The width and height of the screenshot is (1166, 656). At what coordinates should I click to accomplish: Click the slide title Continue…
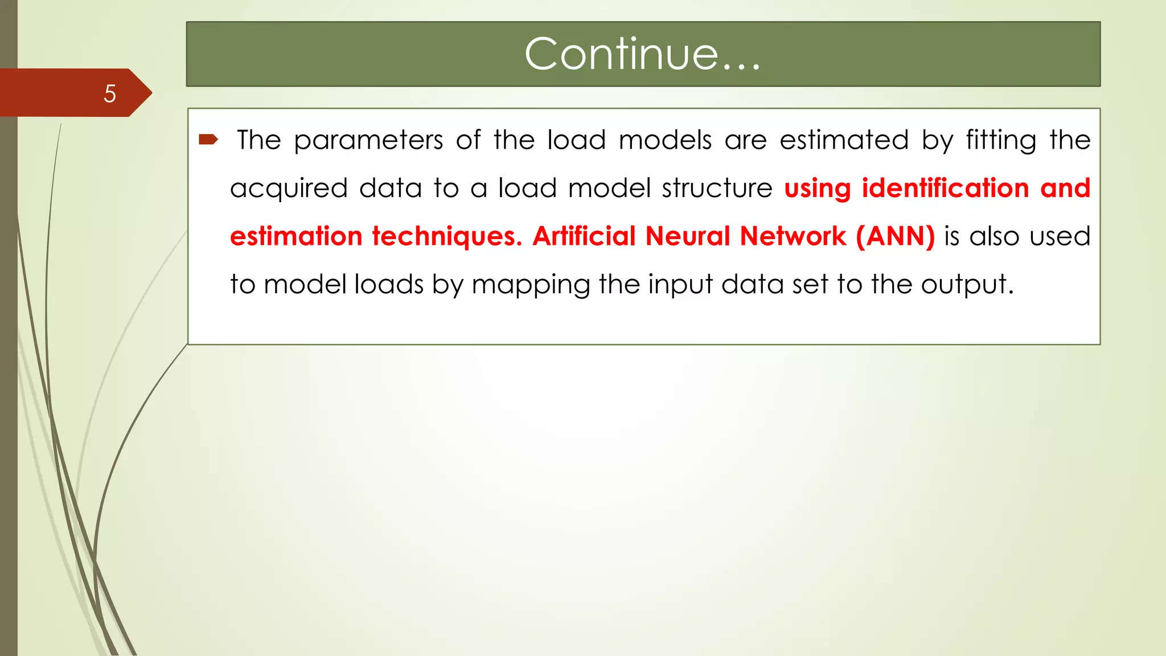pyautogui.click(x=642, y=54)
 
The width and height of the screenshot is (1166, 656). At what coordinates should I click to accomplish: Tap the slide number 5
pyautogui.click(x=110, y=93)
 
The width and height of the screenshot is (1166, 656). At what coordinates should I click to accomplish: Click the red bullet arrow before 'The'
pyautogui.click(x=208, y=140)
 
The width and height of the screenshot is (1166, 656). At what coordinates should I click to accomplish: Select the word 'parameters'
pyautogui.click(x=368, y=141)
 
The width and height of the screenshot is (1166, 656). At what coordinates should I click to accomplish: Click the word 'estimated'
pyautogui.click(x=844, y=140)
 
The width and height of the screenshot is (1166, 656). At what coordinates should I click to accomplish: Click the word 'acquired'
pyautogui.click(x=289, y=189)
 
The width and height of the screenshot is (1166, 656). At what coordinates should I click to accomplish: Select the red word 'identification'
pyautogui.click(x=945, y=188)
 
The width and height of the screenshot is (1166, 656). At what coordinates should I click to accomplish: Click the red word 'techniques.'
pyautogui.click(x=447, y=237)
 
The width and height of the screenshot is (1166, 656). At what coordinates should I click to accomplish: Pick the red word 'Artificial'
pyautogui.click(x=584, y=236)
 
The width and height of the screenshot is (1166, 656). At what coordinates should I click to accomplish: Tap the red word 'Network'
pyautogui.click(x=793, y=236)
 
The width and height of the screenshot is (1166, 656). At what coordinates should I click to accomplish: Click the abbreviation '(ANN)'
pyautogui.click(x=895, y=236)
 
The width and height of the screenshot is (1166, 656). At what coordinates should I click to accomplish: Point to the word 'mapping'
pyautogui.click(x=531, y=285)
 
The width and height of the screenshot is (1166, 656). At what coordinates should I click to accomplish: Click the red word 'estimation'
pyautogui.click(x=296, y=236)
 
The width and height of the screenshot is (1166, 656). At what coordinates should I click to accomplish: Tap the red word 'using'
pyautogui.click(x=817, y=189)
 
